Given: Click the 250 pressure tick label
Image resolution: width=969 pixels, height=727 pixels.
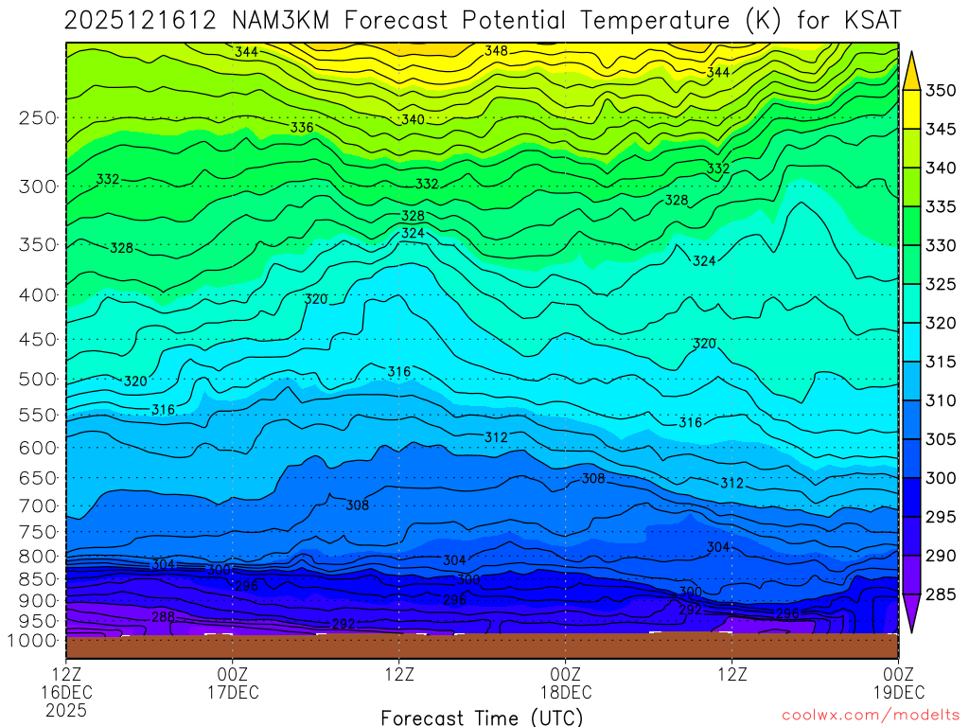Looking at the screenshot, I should pos(38,118).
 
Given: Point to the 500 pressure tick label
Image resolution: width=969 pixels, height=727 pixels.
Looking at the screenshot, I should pos(38,380).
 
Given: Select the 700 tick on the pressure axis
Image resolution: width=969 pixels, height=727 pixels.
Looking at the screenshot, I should pos(38,505).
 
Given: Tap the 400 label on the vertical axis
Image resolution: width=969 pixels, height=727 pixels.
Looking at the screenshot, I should pos(38,295).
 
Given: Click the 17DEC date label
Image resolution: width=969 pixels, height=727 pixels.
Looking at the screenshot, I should pos(233,692).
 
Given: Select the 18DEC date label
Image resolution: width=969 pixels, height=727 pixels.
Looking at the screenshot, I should pos(565,692).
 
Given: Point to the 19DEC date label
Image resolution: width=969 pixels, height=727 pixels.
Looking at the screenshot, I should pos(897,692).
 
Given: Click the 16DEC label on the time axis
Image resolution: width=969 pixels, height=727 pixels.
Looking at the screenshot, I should pos(66,692).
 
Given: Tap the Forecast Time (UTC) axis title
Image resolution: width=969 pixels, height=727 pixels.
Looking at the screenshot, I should pos(482,717).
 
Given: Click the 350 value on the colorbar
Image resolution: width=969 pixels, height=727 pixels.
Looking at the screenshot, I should pos(941,91).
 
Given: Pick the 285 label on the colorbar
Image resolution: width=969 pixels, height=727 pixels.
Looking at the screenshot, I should pos(941,594).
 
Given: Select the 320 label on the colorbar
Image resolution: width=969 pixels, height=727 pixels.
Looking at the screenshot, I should pos(941,323).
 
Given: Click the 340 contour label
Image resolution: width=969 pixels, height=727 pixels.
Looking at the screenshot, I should pos(413,120).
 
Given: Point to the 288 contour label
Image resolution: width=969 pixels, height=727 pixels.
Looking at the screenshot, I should pos(163,616).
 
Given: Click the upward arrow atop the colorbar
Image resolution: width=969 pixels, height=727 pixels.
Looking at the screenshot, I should pos(912,68).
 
